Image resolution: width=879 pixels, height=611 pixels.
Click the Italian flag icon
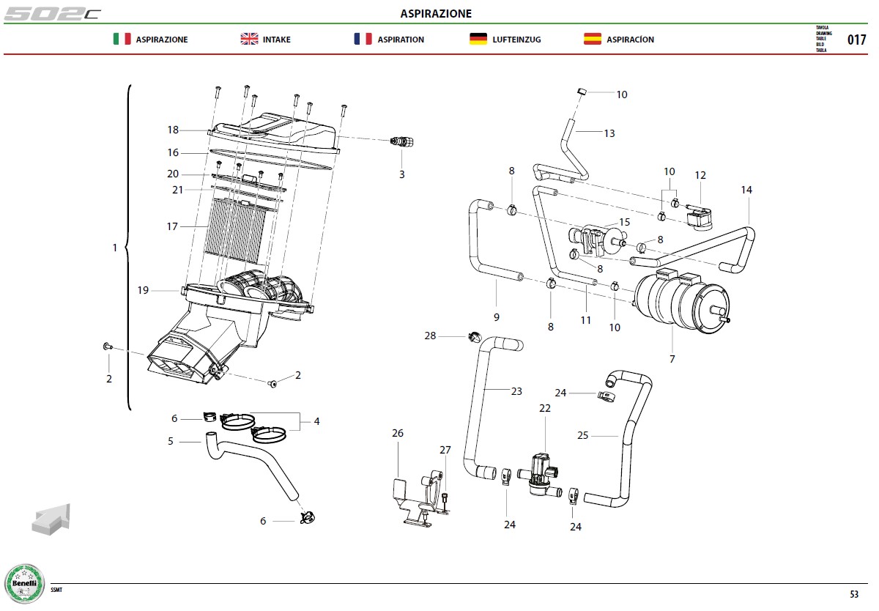(122, 39)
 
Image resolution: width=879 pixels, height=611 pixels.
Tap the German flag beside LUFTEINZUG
(478, 39)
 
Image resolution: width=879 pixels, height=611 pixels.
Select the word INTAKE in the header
(277, 40)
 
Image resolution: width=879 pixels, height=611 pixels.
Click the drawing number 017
(856, 40)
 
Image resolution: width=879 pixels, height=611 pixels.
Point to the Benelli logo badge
(24, 584)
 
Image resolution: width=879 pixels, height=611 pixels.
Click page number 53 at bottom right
(854, 594)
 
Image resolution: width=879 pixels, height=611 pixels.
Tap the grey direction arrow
(51, 519)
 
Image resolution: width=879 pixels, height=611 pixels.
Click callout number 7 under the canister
(672, 359)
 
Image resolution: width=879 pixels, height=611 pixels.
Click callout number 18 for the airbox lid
(173, 130)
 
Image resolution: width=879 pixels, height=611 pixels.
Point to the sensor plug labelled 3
(402, 141)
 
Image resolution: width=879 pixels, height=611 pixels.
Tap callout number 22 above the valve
(545, 408)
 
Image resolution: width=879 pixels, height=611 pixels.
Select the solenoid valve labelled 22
(541, 475)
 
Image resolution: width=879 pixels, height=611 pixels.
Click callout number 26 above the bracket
(398, 433)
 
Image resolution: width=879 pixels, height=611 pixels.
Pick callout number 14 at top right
(746, 190)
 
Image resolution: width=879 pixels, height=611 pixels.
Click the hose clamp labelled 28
(475, 337)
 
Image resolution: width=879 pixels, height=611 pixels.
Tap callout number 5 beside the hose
(170, 441)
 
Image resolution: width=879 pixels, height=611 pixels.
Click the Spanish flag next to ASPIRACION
(592, 39)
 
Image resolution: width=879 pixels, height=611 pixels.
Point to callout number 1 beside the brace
(114, 248)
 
